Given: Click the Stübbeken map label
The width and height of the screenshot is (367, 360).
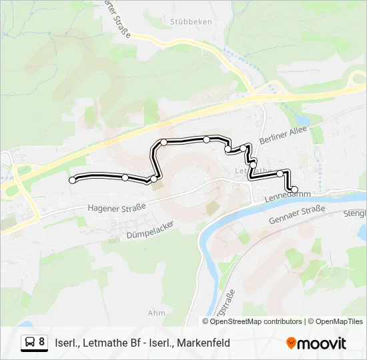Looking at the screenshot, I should click(191, 21).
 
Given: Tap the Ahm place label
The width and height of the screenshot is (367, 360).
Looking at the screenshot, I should click(156, 313).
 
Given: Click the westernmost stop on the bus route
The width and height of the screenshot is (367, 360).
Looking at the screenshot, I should click(73, 180).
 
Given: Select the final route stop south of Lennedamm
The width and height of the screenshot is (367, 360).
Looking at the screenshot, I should click(294, 189).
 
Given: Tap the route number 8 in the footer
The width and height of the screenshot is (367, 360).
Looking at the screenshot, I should click(42, 342).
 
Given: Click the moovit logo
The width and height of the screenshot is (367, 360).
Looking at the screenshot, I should click(316, 343).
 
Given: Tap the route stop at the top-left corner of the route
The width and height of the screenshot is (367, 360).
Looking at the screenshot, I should click(163, 142).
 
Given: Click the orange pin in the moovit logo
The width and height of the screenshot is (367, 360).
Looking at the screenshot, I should click(291, 343).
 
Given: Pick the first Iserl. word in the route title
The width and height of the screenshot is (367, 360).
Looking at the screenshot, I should click(67, 343).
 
